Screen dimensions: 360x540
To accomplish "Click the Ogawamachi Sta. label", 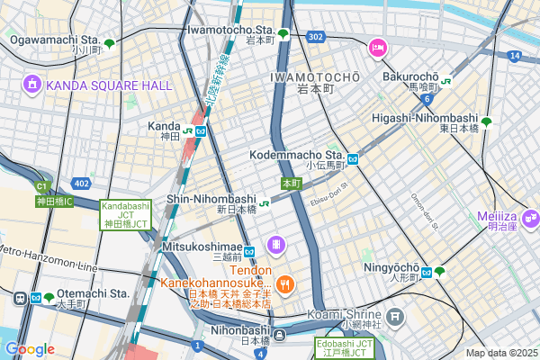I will click(53, 40).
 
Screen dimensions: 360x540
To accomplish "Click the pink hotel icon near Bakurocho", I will click(378, 46).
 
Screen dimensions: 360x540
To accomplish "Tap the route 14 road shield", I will click(514, 56).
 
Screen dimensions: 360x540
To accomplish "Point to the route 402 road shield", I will click(81, 183).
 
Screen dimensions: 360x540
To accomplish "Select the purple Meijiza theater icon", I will click(530, 217).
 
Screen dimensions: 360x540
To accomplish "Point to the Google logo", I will click(30, 348).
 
